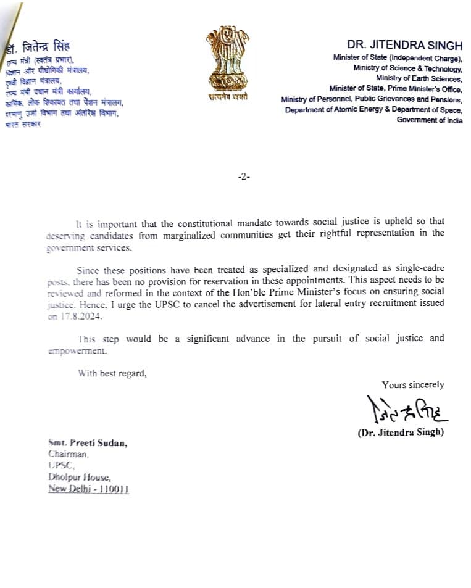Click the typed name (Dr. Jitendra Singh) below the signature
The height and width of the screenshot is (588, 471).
401,433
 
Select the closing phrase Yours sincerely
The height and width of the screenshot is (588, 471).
413,384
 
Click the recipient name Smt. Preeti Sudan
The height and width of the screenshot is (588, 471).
88,443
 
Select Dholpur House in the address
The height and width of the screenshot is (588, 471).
80,477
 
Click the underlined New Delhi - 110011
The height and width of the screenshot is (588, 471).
89,489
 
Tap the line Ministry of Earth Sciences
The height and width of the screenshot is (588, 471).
419,78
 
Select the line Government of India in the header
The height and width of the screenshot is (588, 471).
430,120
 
